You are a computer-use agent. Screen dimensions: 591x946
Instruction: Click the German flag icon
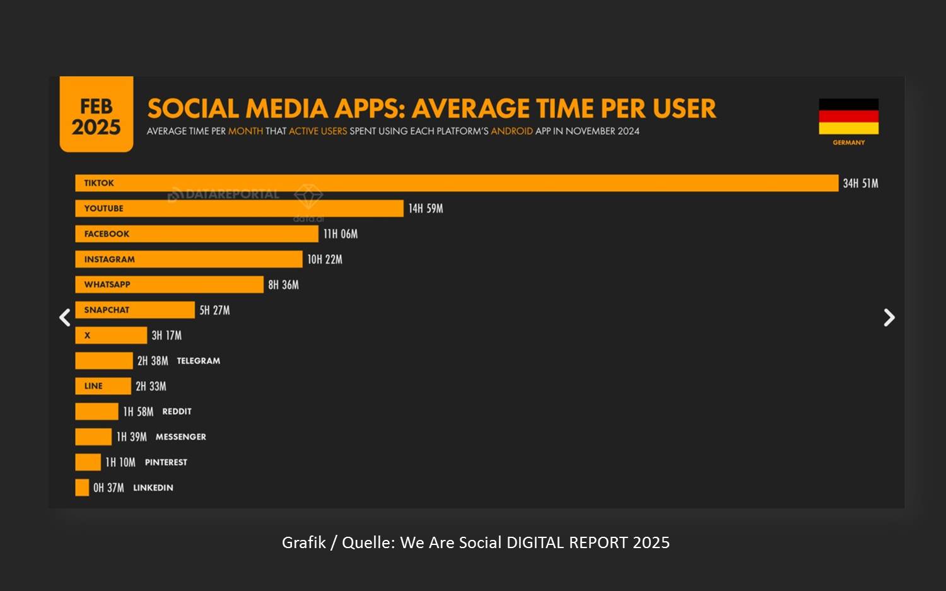(848, 117)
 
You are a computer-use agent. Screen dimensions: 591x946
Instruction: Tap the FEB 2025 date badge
(96, 115)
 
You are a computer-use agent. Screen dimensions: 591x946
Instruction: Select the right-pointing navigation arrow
(889, 317)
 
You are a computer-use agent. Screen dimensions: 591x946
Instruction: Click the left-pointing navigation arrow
(64, 317)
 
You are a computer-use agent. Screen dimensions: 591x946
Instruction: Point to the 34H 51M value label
(860, 184)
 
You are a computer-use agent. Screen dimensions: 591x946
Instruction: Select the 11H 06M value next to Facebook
(341, 234)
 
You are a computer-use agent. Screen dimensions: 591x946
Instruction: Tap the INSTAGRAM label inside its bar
(109, 259)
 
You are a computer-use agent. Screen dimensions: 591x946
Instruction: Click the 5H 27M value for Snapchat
(214, 310)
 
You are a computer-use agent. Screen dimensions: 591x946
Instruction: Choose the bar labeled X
(111, 336)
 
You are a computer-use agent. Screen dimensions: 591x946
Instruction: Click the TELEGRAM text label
(198, 361)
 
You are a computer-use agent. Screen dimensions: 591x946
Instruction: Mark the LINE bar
(103, 386)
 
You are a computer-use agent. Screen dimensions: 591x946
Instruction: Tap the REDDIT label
(177, 411)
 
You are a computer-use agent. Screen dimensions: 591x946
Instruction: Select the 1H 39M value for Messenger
(132, 437)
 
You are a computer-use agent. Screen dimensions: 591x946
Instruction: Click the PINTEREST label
(166, 462)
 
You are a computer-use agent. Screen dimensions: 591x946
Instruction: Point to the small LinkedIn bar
(82, 488)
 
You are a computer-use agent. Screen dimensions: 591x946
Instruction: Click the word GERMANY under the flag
(848, 143)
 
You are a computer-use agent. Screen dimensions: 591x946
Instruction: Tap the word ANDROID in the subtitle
(511, 131)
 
